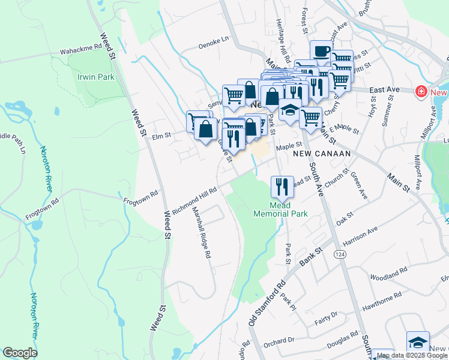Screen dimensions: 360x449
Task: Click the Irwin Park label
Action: click(95, 77)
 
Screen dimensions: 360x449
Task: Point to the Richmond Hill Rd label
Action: click(194, 200)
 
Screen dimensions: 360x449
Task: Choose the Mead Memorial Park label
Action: click(280, 209)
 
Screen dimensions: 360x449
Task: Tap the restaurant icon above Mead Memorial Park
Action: click(282, 186)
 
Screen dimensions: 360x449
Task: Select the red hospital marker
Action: click(421, 92)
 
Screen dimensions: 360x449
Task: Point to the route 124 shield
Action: click(340, 255)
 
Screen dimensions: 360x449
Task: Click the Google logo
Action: click(19, 353)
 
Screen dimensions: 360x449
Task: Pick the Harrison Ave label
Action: click(360, 236)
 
